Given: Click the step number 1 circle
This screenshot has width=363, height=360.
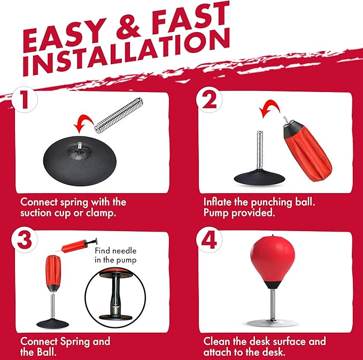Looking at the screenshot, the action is [25, 99].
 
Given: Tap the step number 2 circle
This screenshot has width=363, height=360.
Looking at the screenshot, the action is [209, 99].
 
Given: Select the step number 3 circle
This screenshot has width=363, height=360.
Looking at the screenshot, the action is [25, 240].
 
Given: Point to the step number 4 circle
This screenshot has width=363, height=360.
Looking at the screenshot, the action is [209, 240].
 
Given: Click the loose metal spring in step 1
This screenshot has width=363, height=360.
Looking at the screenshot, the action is [118, 114].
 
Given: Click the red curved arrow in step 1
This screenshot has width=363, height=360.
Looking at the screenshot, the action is [83, 123].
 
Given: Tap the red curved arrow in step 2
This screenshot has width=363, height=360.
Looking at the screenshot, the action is [269, 108].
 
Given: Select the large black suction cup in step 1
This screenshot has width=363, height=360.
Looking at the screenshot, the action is [80, 161].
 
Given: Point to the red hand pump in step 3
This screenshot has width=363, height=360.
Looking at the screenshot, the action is [76, 245].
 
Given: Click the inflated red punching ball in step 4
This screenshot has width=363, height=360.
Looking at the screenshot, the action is [273, 262].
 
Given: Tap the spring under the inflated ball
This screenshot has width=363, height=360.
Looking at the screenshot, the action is [273, 304].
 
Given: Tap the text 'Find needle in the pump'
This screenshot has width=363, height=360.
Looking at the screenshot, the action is [115, 255].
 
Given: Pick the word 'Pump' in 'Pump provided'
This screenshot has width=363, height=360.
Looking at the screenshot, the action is [216, 213].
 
